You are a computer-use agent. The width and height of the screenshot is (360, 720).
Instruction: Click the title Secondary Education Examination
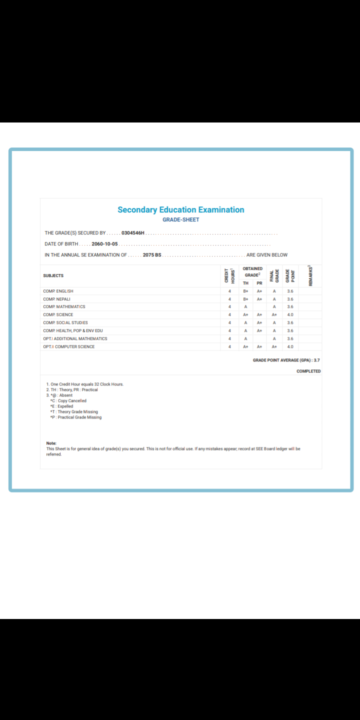point(181,210)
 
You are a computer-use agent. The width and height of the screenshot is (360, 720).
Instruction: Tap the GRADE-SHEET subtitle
point(181,220)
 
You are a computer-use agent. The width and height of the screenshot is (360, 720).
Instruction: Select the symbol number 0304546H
point(133,233)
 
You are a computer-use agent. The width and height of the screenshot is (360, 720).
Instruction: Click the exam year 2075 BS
point(152,255)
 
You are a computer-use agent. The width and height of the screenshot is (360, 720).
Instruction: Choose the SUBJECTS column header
point(53,276)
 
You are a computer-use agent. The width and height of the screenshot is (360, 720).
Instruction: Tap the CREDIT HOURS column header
point(229,276)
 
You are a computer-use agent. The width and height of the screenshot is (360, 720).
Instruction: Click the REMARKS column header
point(310,276)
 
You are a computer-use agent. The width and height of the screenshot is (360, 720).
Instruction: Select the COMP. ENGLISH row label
point(58,291)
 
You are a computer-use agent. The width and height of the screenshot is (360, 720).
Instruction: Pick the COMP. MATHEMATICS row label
point(64,307)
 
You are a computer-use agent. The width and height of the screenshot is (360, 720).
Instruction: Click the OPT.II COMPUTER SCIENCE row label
point(68,347)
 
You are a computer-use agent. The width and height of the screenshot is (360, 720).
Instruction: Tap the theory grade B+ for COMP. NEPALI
point(246,299)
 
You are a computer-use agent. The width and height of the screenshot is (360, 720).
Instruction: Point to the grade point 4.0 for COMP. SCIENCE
point(290,315)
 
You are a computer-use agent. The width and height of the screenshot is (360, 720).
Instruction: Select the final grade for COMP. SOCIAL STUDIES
point(274,323)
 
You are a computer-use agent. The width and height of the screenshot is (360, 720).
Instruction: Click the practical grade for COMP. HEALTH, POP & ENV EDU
point(259,331)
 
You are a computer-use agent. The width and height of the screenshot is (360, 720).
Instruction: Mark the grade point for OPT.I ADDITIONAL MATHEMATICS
point(290,339)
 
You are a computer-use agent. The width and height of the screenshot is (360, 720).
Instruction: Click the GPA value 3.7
point(316,360)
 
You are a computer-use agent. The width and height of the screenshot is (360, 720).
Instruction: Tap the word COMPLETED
point(308,371)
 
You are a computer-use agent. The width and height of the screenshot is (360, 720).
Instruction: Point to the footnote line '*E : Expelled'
point(61,406)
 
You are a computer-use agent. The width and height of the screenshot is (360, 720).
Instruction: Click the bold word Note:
point(51,443)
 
